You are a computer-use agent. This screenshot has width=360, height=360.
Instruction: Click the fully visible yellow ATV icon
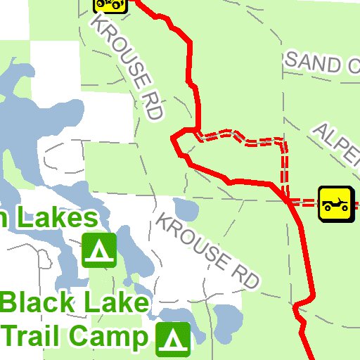(336, 203)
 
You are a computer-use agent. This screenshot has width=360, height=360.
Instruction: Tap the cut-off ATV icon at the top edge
(110, 5)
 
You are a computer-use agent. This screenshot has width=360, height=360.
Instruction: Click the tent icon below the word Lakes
(99, 250)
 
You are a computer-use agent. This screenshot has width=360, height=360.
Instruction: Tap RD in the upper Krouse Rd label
(153, 105)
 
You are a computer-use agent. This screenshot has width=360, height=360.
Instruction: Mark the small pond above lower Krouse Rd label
(186, 209)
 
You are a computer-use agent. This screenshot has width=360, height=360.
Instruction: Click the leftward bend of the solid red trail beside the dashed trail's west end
(175, 141)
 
